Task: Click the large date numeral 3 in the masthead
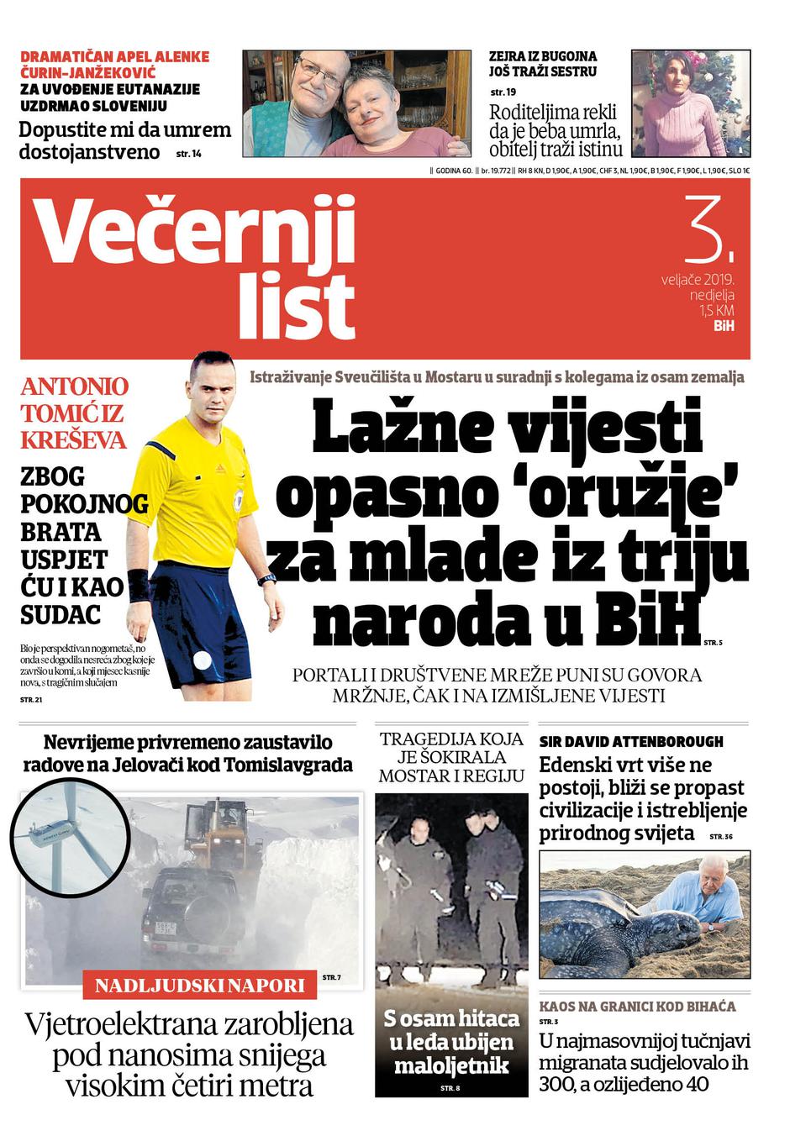pos(708,228)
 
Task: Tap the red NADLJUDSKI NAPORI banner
pos(200,986)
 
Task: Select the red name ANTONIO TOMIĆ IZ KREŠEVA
pos(74,413)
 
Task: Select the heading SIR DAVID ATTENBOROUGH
pos(631,742)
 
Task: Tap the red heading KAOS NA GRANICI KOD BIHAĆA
pos(637,1006)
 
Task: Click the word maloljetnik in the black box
pos(451,1066)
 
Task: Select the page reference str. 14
pos(189,154)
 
